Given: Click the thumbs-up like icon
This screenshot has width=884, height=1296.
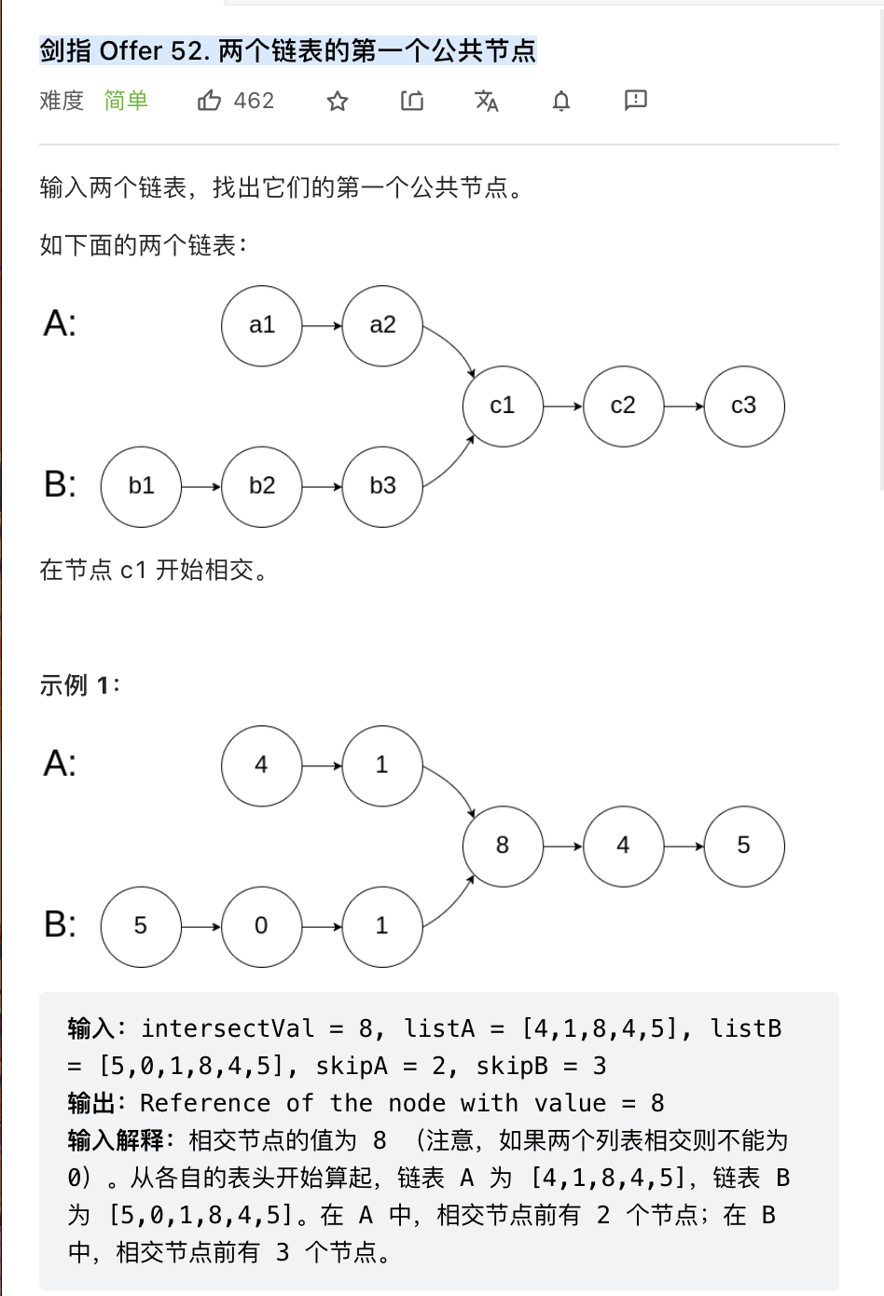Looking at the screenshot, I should coord(209,101).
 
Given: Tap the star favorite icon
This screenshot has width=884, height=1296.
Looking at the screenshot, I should coord(338,101).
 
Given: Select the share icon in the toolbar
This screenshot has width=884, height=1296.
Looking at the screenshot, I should coord(412,101).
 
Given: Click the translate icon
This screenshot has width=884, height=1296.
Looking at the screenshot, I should coord(487,101).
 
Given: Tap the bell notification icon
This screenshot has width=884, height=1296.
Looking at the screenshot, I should coord(561,101).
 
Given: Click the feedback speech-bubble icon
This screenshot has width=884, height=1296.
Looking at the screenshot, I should coord(636,100).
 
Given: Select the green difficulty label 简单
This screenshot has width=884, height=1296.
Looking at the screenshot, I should coord(126,101).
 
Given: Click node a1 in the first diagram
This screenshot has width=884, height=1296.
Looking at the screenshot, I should coord(262,325).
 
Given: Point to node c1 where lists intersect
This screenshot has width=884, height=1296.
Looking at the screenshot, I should coord(503,406).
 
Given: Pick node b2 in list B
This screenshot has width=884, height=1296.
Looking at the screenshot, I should coord(262,486).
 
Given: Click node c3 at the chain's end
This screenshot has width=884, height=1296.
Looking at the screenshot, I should coord(744,406).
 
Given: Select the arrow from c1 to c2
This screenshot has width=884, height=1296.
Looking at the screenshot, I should coord(563,407).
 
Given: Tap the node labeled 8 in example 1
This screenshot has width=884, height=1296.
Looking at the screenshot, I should coord(503,846).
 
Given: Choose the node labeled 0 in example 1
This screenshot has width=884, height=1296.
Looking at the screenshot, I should coord(262,926).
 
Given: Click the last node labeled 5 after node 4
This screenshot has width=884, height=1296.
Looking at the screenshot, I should coord(744,846).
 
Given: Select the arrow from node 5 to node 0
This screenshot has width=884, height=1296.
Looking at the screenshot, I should coord(201,927).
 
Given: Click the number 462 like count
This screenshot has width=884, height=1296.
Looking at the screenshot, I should coord(255,101).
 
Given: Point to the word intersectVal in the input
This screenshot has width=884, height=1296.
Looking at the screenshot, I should coord(228,1028).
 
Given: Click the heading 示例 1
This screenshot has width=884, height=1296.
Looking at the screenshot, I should coord(79,685).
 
